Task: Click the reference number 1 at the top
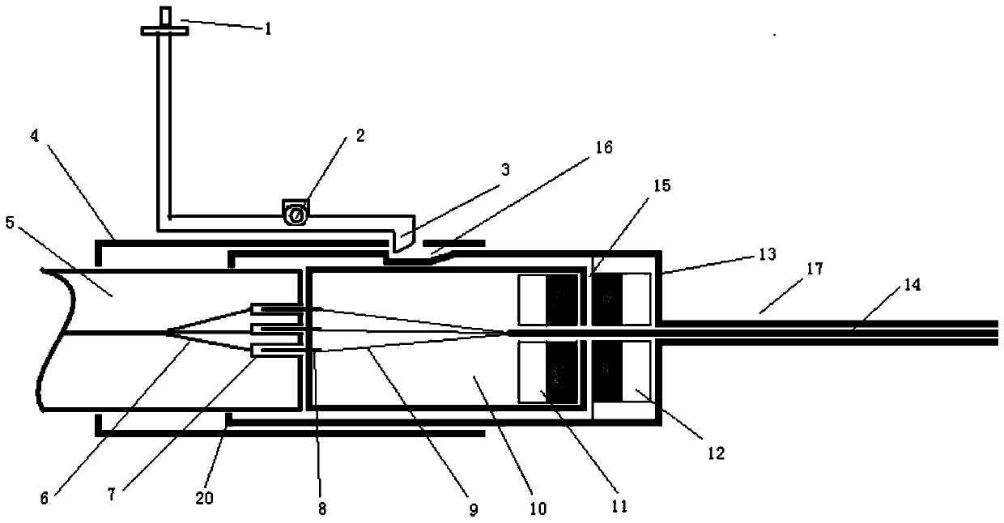267,29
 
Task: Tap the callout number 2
359,135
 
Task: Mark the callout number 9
474,511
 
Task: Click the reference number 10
538,509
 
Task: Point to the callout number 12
714,453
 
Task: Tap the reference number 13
767,254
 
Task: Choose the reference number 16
605,148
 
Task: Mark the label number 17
815,268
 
